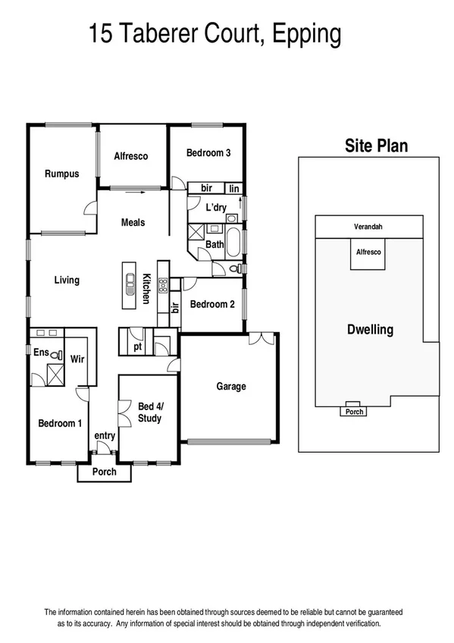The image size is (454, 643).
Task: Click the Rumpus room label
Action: click(61, 174)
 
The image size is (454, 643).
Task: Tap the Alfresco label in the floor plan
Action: click(130, 156)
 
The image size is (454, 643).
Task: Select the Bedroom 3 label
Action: click(208, 152)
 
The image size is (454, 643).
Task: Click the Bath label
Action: click(214, 244)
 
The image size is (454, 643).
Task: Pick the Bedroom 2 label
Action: click(212, 304)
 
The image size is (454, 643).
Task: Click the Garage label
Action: click(231, 386)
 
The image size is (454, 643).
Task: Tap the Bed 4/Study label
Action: click(149, 412)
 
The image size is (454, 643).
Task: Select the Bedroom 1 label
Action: click(60, 423)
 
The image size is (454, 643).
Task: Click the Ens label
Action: click(41, 352)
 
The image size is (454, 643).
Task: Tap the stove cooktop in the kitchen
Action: click(161, 287)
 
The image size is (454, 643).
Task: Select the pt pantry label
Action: click(138, 347)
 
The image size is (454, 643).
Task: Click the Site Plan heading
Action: click(376, 146)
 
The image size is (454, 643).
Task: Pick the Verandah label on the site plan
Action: click(368, 227)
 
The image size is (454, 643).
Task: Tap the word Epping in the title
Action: click(307, 34)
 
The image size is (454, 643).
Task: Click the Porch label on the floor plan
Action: click(104, 472)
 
